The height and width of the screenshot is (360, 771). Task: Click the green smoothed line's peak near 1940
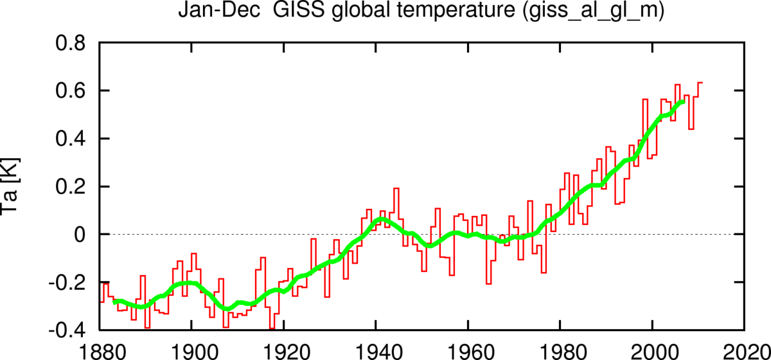[381, 219]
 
